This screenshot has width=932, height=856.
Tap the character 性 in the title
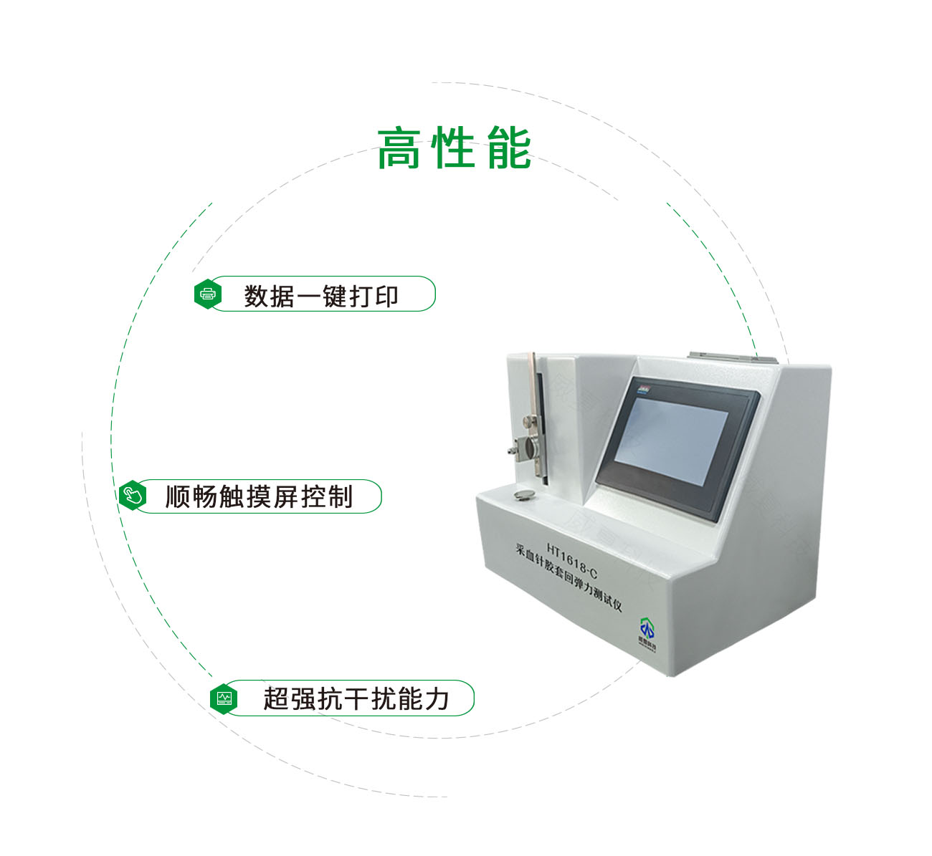tap(454, 148)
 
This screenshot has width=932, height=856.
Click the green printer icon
tap(208, 294)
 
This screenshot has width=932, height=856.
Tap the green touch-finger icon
tap(133, 496)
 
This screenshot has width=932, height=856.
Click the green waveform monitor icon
tap(224, 698)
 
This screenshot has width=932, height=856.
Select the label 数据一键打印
tap(321, 295)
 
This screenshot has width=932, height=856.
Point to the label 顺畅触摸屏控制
tap(259, 496)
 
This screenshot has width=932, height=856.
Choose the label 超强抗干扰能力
tap(356, 698)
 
